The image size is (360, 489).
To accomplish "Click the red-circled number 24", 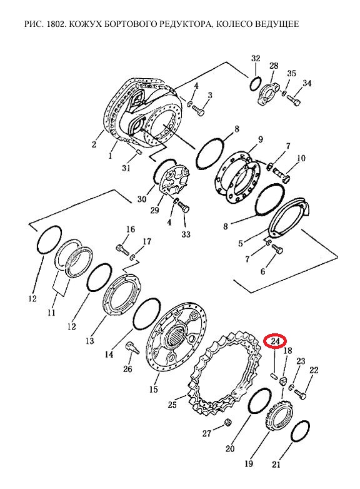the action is tap(275, 341).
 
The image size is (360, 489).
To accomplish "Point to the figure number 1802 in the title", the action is tap(56, 24).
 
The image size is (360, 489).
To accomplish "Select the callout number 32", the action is tap(256, 58).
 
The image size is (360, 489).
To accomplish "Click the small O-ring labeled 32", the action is tap(255, 83).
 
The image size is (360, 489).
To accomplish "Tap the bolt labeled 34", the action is tap(294, 100).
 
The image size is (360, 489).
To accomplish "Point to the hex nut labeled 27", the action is tap(227, 423).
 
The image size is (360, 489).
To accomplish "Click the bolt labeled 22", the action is tap(300, 394).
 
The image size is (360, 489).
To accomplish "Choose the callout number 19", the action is tap(249, 463).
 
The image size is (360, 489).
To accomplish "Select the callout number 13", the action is tap(90, 340).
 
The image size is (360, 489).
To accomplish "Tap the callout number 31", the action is tap(126, 168).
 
